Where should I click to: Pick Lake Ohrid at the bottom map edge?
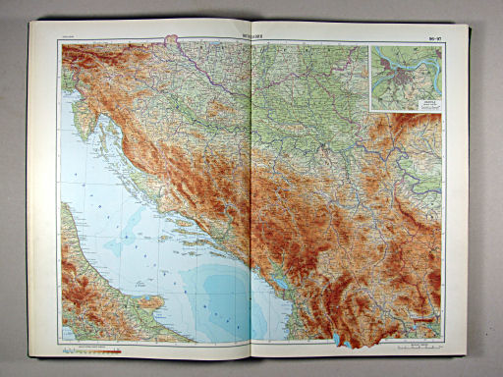(x=339, y=340)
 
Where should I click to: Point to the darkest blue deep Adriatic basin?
(x=211, y=295)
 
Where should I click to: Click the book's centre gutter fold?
(x=252, y=196)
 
